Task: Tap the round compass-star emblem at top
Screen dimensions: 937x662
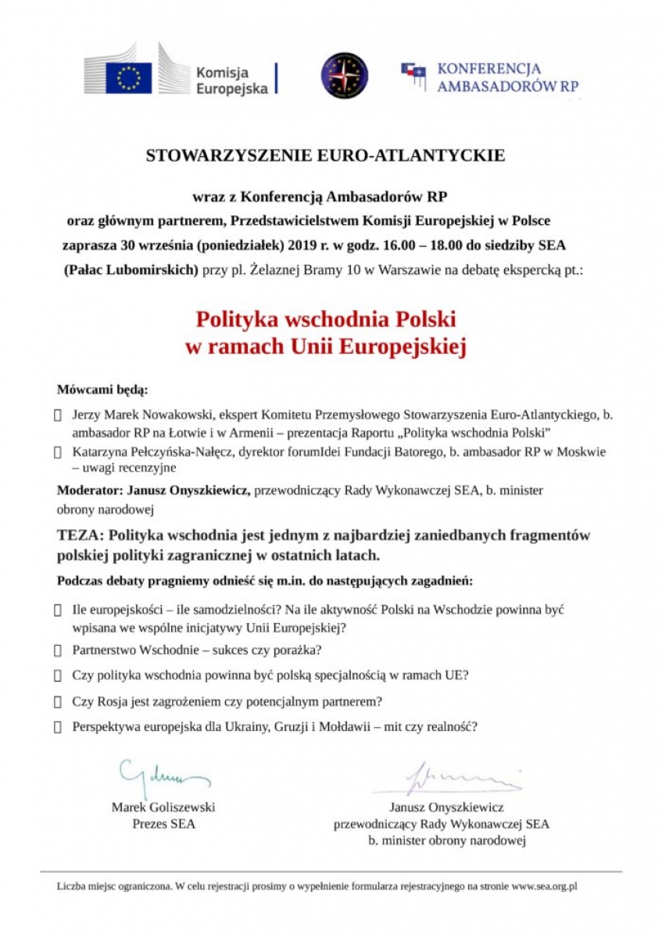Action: tap(345, 76)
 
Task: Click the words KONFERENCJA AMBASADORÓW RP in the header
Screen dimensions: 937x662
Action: tap(507, 78)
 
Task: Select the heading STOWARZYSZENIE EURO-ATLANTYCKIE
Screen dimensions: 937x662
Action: tap(325, 155)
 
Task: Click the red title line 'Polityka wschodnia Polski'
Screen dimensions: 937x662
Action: tap(325, 320)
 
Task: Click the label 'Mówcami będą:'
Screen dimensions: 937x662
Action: tap(102, 390)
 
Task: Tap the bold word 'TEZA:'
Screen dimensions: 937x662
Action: tap(81, 536)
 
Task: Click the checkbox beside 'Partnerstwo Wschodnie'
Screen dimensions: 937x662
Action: tap(58, 650)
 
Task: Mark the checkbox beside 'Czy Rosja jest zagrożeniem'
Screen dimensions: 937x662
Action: tap(58, 701)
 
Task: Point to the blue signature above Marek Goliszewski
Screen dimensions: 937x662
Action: tap(163, 774)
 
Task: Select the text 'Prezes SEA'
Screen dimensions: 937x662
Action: tap(164, 824)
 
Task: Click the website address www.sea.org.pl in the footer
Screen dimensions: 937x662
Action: tap(544, 887)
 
